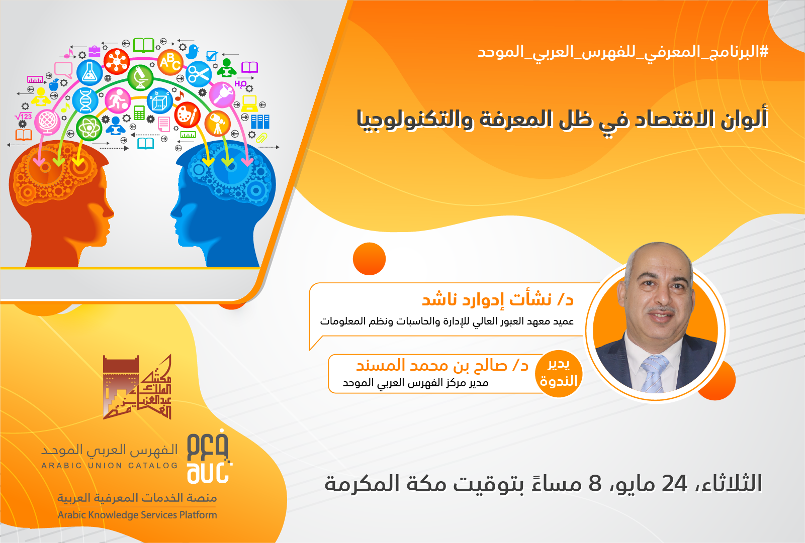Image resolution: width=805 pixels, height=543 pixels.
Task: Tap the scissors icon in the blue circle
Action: click(199, 74)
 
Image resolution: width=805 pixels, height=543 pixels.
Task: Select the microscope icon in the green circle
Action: click(140, 78)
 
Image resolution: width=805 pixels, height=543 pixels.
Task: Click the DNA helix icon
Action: click(85, 100)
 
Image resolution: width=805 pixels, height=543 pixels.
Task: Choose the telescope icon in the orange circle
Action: click(217, 123)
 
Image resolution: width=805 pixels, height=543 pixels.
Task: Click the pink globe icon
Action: click(47, 121)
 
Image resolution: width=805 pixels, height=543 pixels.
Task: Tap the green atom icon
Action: click(89, 128)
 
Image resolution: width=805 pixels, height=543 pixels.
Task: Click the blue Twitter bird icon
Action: click(193, 51)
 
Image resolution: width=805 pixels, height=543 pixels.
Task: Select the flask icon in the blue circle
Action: click(90, 72)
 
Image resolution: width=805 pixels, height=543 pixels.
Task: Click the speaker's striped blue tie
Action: click(654, 374)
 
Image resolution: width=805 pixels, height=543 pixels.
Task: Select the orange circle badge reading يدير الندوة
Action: click(559, 374)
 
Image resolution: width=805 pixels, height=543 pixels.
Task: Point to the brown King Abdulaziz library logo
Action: click(137, 387)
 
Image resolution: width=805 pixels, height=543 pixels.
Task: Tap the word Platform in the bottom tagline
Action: click(198, 515)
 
